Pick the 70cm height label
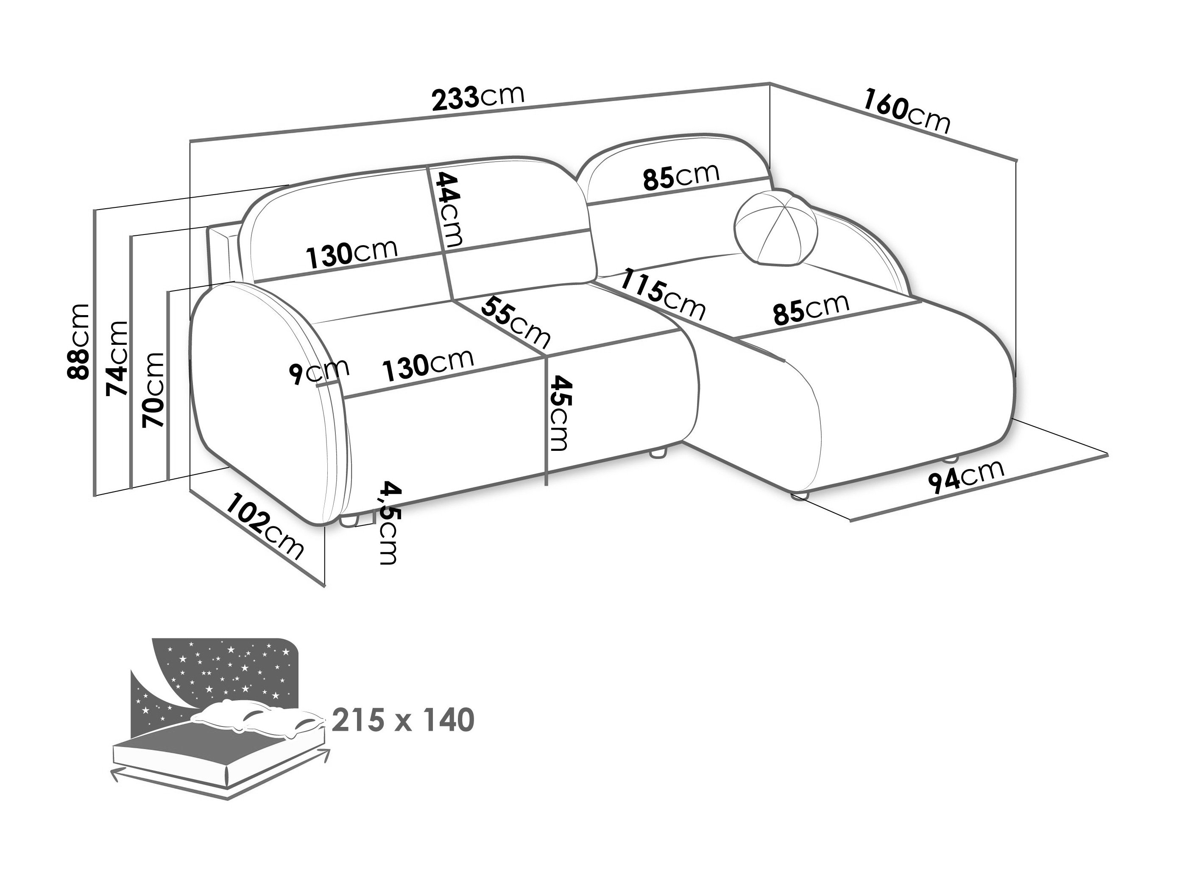153,390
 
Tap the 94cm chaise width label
966,475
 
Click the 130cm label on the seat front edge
429,366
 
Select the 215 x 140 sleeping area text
403,720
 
